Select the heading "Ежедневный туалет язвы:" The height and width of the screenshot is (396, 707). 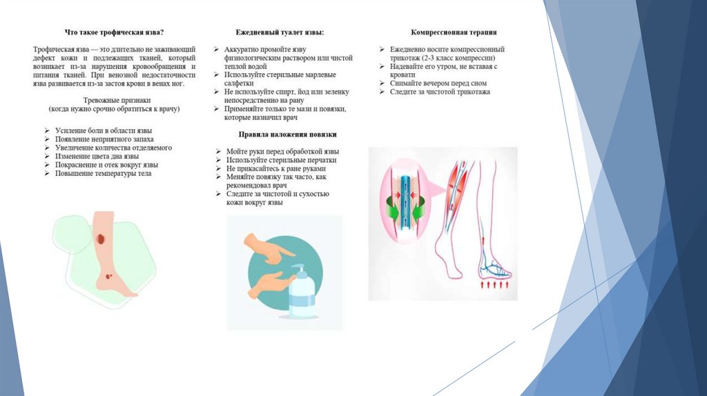coord(280,32)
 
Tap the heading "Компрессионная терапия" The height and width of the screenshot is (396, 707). coord(454,32)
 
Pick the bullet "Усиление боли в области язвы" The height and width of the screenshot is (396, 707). coord(104,130)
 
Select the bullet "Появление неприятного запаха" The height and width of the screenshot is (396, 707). coord(103,139)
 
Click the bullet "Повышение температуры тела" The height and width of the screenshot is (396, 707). coord(103,174)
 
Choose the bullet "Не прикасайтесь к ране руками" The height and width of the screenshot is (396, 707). coord(275,168)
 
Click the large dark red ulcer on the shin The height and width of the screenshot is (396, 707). coord(101,240)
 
